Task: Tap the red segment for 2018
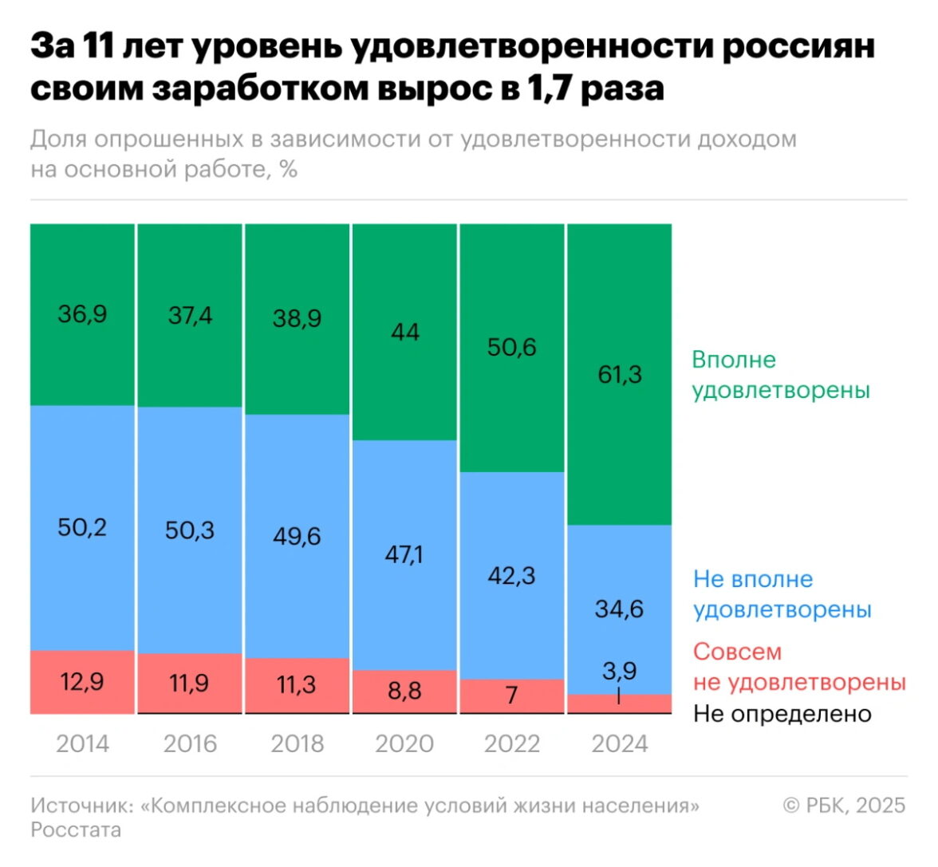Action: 297,684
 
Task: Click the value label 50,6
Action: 512,347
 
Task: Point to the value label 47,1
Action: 404,554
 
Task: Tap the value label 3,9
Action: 619,670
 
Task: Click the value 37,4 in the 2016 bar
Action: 190,316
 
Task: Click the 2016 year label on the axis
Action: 190,743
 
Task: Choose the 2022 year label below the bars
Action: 512,743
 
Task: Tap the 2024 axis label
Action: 620,743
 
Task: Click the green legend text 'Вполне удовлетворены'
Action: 780,375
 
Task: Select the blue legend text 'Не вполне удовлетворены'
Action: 782,594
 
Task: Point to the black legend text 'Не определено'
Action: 782,714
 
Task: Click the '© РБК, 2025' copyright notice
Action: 844,805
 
